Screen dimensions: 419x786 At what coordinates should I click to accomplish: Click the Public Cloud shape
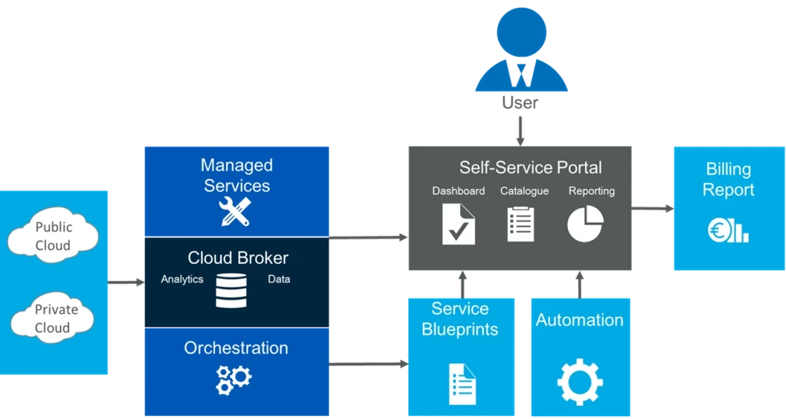tap(54, 235)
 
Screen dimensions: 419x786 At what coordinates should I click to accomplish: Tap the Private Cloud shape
tap(54, 318)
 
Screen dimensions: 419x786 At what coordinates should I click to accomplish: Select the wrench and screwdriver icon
tap(235, 212)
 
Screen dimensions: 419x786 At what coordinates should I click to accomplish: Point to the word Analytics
tap(181, 280)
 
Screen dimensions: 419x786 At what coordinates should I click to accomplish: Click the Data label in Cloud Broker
tap(279, 280)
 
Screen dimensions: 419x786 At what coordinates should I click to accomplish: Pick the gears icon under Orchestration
tap(234, 379)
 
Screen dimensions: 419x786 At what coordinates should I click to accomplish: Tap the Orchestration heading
tap(236, 348)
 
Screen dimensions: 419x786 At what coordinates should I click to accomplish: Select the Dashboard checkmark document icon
tap(458, 224)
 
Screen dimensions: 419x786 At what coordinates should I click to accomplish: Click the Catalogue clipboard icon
tap(520, 224)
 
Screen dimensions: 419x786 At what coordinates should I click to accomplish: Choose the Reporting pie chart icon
tap(585, 224)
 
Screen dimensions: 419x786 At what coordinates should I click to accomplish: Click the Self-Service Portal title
tap(530, 168)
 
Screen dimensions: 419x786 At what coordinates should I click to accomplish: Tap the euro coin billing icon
tap(728, 230)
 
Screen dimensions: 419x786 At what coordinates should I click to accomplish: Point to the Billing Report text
tap(728, 179)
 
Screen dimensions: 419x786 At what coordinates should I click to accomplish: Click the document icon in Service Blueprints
tap(462, 383)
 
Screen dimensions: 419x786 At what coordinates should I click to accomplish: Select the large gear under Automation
tap(579, 382)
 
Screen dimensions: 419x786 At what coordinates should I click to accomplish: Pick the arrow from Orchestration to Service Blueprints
tap(368, 365)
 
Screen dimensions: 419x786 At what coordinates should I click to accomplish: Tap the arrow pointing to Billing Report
tap(655, 209)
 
